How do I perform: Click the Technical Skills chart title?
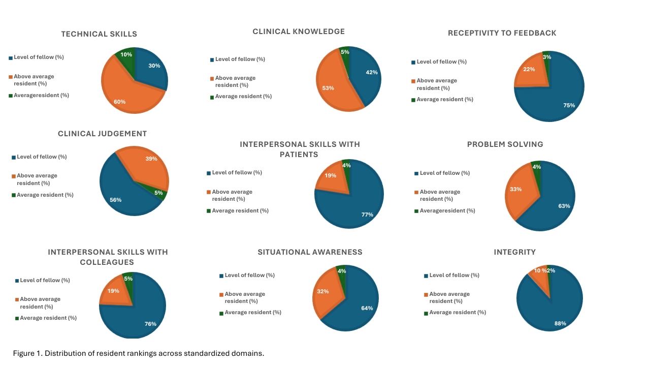[99, 34]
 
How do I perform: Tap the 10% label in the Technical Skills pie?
[126, 54]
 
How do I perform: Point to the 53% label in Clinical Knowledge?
[328, 88]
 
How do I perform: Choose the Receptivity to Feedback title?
[502, 33]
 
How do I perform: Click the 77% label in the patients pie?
[367, 215]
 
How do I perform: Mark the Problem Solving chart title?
[505, 144]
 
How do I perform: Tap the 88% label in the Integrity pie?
[560, 323]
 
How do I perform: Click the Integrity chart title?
[514, 252]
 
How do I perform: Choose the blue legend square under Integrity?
[426, 276]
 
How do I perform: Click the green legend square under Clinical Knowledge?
[212, 97]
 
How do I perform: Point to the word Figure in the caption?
[24, 353]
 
